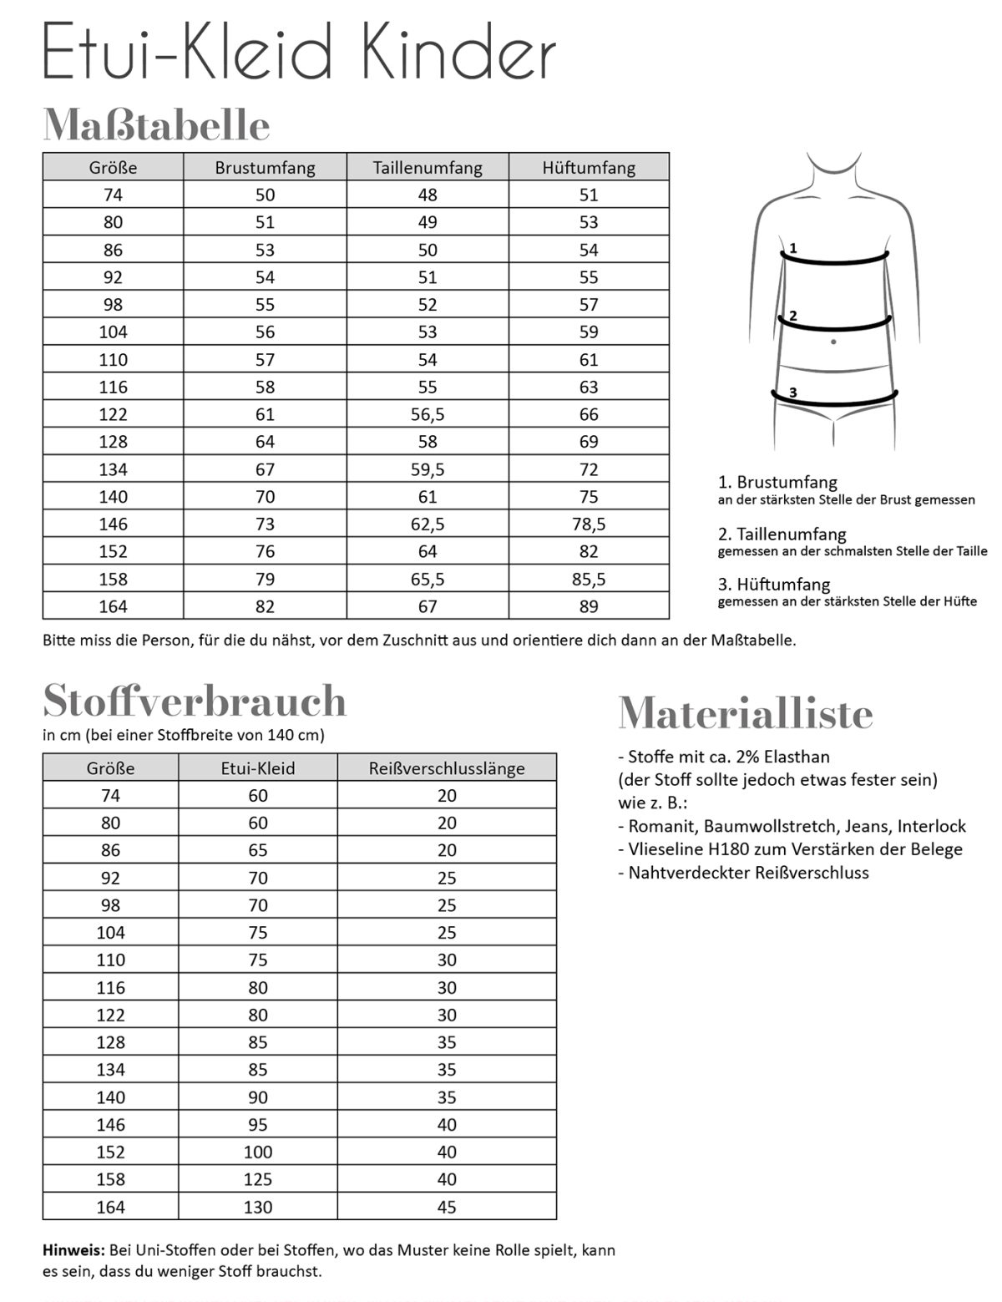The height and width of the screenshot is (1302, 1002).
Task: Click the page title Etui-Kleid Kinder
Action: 299,52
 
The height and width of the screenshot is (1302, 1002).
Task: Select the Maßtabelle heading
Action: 156,125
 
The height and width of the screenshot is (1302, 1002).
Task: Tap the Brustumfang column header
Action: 265,167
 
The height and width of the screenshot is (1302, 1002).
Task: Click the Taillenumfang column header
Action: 428,167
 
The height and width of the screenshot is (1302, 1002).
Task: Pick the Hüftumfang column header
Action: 589,167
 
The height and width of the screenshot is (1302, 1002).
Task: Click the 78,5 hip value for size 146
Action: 589,524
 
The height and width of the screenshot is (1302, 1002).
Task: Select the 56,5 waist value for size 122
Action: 428,414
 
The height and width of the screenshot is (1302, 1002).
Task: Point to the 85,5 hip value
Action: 589,579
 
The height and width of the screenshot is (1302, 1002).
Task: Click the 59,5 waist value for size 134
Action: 428,469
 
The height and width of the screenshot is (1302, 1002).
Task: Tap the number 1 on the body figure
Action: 793,248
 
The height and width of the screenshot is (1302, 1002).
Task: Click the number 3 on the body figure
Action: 792,392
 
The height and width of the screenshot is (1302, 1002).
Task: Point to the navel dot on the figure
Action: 833,342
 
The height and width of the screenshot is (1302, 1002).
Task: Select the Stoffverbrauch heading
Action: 195,701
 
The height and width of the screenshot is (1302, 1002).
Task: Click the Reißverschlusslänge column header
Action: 447,768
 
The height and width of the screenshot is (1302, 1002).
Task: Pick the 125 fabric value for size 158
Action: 258,1179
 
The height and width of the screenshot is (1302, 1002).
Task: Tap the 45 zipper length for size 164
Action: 447,1207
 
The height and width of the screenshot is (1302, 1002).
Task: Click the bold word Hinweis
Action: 73,1251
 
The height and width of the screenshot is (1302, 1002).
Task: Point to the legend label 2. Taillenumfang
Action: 782,534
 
